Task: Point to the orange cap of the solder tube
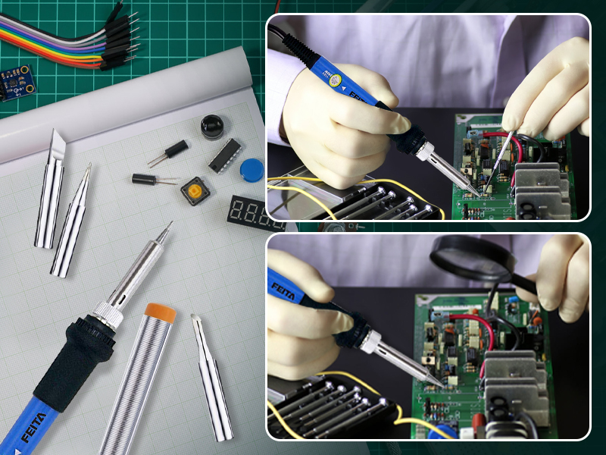pyautogui.click(x=161, y=312)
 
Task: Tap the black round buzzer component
pyautogui.click(x=213, y=127)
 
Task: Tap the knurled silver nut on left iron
pyautogui.click(x=107, y=313)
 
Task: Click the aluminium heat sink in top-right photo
pyautogui.click(x=541, y=186)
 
